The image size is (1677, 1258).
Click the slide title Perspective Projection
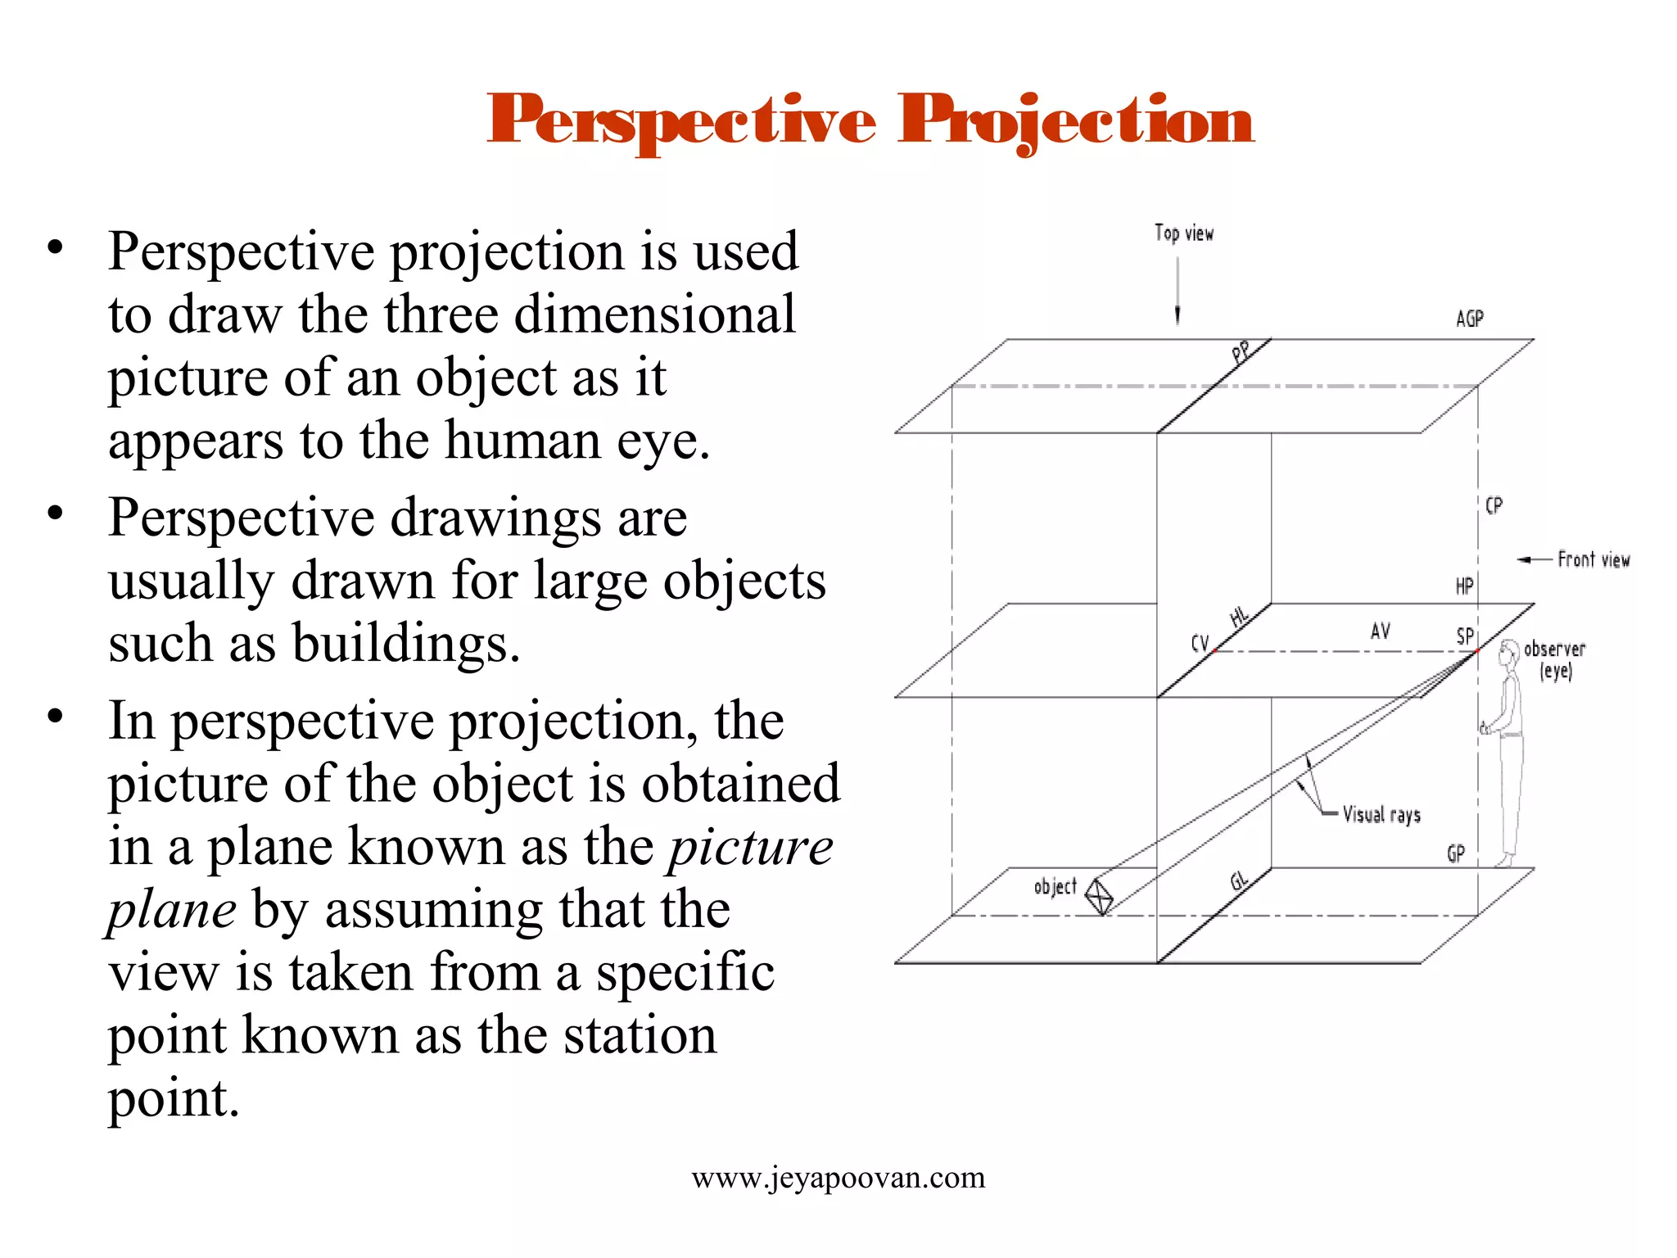click(x=870, y=121)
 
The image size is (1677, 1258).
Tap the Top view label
click(x=1184, y=233)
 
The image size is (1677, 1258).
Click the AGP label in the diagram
click(x=1469, y=319)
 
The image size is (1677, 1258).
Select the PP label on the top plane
click(x=1242, y=352)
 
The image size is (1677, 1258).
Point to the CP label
click(x=1494, y=505)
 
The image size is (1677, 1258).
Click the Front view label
click(x=1593, y=560)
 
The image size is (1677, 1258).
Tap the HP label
click(x=1464, y=586)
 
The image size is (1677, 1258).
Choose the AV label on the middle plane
click(x=1380, y=631)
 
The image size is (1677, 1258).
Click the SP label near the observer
click(x=1465, y=636)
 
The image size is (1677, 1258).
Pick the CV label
click(x=1200, y=643)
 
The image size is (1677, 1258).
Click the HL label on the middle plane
click(x=1240, y=617)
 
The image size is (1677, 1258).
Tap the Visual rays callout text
click(x=1381, y=815)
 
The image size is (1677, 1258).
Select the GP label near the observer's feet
click(x=1455, y=854)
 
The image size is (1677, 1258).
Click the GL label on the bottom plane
click(x=1239, y=881)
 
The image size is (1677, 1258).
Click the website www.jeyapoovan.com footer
click(x=838, y=1178)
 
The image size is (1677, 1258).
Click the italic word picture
click(x=751, y=847)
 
